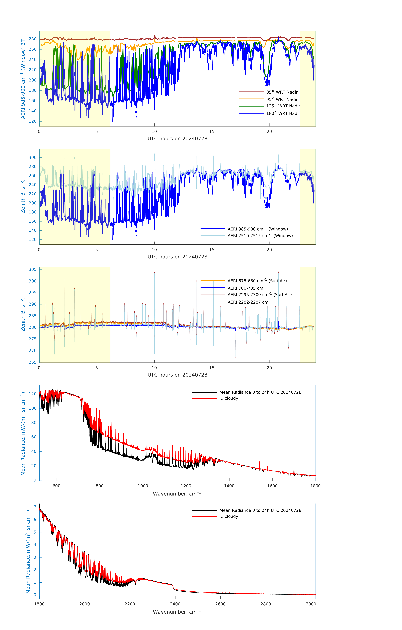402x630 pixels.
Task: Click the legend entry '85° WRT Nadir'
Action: (282, 92)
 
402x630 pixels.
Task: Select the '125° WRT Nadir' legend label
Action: (283, 106)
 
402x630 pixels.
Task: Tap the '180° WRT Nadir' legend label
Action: (283, 113)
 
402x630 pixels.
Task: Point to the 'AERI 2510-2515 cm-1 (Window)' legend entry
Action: (260, 236)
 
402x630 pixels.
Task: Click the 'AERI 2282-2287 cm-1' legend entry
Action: (250, 302)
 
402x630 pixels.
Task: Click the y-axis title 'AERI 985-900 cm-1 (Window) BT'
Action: (23, 79)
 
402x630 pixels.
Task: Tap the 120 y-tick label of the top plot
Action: (33, 121)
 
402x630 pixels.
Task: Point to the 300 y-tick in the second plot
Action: (33, 157)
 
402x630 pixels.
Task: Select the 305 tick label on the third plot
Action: (33, 269)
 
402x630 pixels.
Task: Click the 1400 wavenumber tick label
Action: (229, 486)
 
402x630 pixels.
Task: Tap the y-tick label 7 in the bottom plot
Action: (35, 507)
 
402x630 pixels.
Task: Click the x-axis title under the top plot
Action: (177, 139)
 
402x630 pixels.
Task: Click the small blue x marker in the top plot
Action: (136, 112)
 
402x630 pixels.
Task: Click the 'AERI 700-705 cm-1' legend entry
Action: (247, 288)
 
